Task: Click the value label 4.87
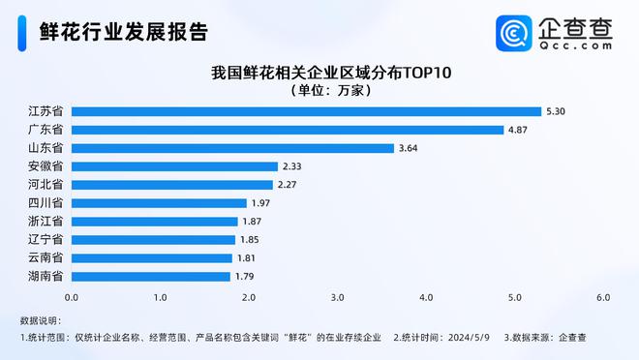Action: pyautogui.click(x=521, y=130)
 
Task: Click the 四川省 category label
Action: pyautogui.click(x=46, y=203)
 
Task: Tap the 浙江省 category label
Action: pyautogui.click(x=46, y=222)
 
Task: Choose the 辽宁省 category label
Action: pyautogui.click(x=46, y=239)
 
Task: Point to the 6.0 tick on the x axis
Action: pyautogui.click(x=603, y=295)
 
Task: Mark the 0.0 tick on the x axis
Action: pyautogui.click(x=72, y=295)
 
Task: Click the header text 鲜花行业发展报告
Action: pyautogui.click(x=124, y=32)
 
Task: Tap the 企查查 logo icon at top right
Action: pyautogui.click(x=513, y=33)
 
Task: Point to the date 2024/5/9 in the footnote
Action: pyautogui.click(x=469, y=337)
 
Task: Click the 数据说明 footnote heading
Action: pyautogui.click(x=42, y=319)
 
